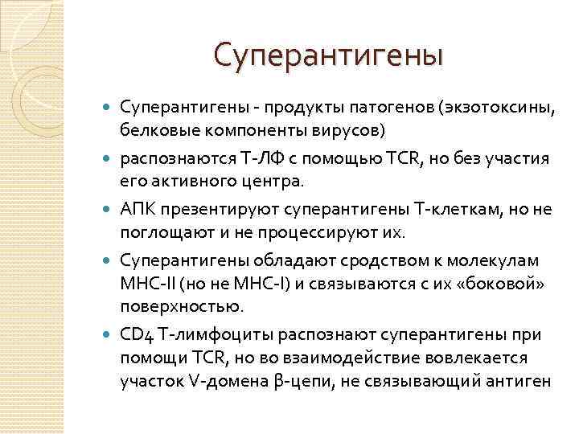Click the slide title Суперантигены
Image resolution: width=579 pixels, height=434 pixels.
(328, 55)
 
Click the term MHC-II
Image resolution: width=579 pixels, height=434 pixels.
(144, 283)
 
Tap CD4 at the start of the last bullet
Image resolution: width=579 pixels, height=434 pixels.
(134, 334)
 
